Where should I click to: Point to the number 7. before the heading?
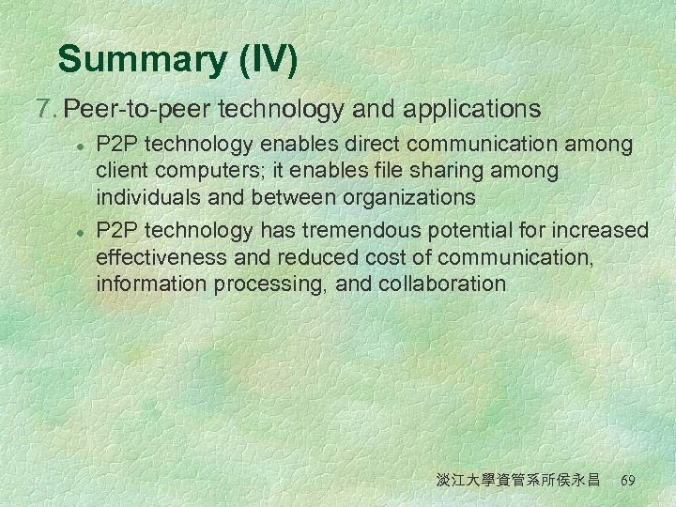[45, 110]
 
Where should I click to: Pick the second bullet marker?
[82, 231]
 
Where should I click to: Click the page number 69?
[629, 480]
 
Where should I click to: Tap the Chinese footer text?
[517, 480]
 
